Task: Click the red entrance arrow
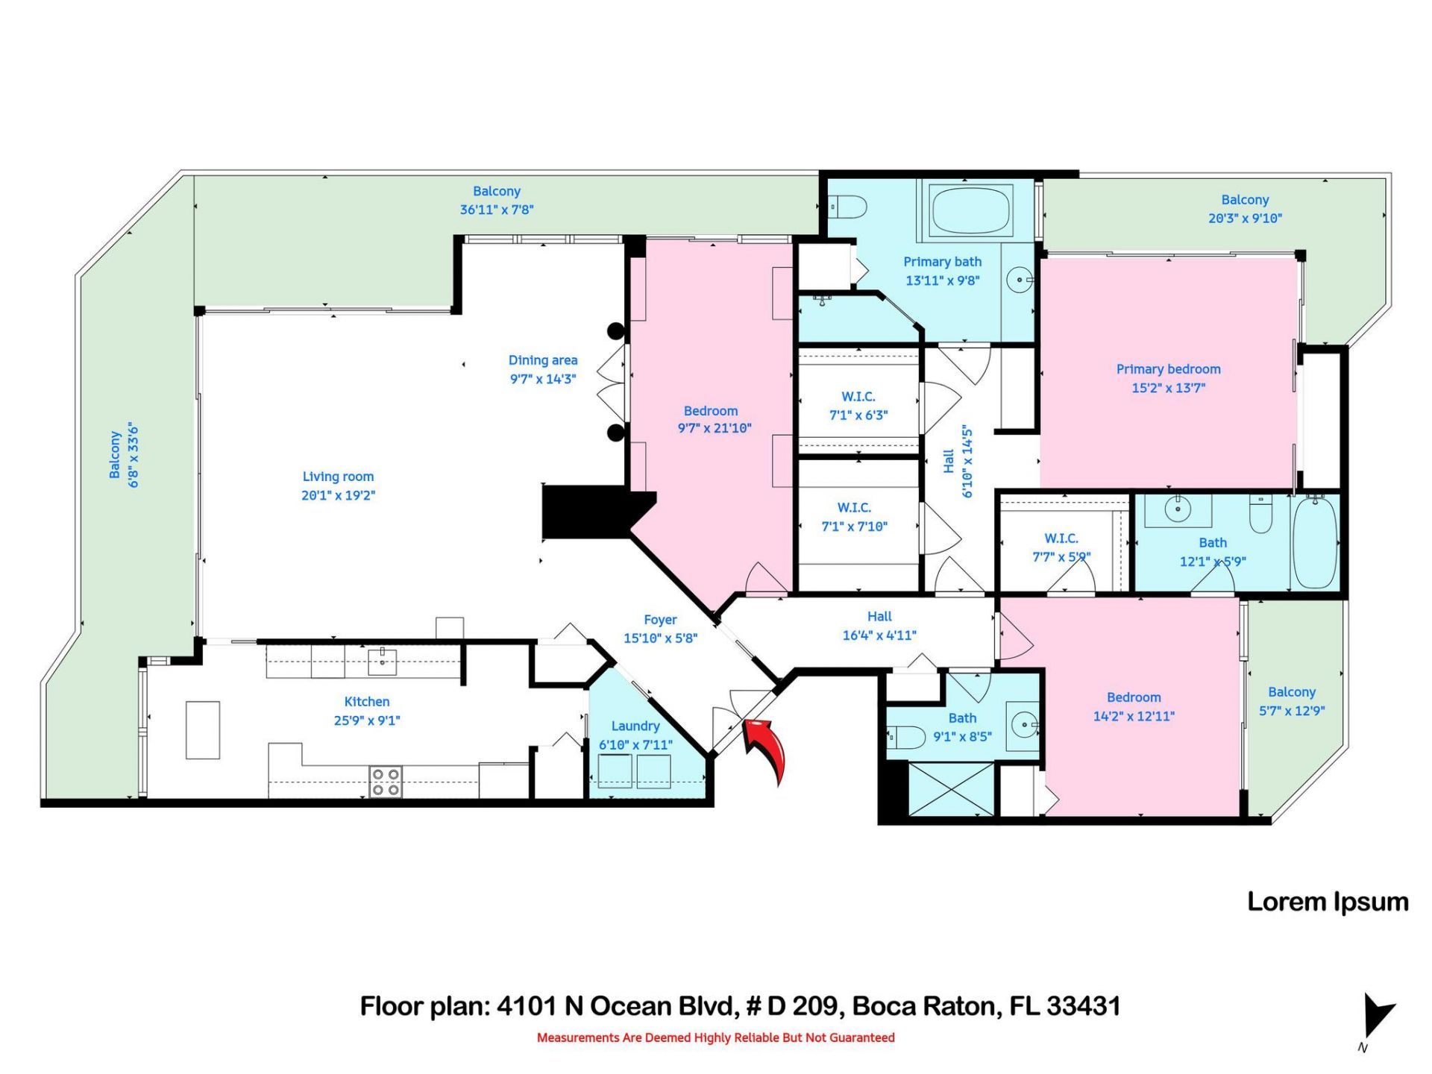point(766,748)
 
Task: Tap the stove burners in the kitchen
point(385,782)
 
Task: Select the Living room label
point(338,477)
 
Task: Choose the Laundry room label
point(635,726)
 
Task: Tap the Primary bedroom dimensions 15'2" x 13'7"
point(1168,388)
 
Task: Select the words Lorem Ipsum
point(1328,902)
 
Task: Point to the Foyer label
point(660,620)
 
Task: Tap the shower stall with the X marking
point(952,789)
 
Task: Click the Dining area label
point(543,360)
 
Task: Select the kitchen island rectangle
point(203,729)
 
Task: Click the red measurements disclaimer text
point(715,1037)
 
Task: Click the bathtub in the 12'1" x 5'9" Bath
point(1314,542)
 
